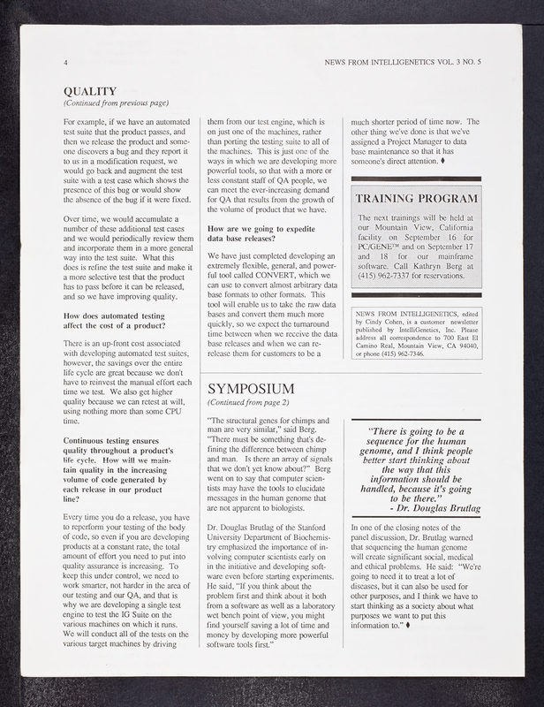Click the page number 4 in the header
tap(66, 64)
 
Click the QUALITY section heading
tap(90, 91)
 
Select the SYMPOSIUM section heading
tap(251, 389)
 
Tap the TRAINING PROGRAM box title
tap(416, 198)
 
